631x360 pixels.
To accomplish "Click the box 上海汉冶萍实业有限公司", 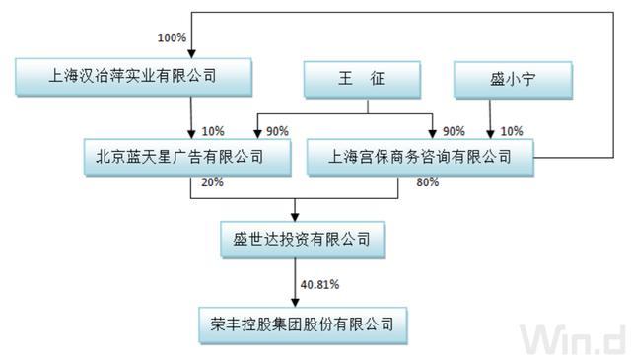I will point(132,74).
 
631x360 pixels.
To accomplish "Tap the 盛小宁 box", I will point(499,80).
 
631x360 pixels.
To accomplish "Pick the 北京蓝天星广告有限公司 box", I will point(187,156).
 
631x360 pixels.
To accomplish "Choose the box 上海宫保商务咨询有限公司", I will point(420,156).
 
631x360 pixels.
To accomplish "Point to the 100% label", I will point(172,38).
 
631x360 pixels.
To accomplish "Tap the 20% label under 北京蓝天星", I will point(212,182).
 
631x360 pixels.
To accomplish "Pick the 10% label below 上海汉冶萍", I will point(212,129).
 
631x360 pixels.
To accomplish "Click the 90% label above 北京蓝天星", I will point(279,129).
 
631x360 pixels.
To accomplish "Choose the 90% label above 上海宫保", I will point(454,129).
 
